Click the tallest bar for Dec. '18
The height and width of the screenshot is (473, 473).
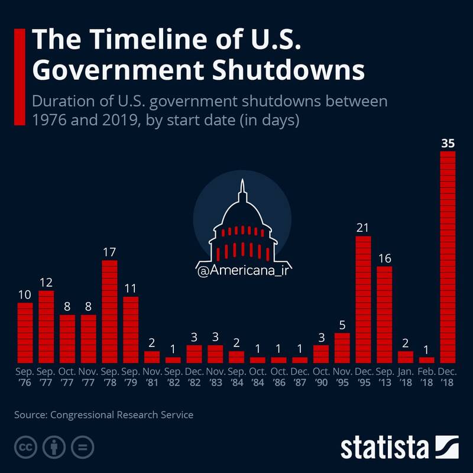click(x=448, y=257)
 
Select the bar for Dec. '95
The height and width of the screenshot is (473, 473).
click(x=363, y=299)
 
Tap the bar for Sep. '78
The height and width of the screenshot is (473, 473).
click(x=109, y=312)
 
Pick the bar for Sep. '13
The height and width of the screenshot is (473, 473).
click(x=384, y=315)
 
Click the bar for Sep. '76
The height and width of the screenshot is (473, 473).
click(x=25, y=332)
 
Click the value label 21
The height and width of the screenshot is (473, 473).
click(x=363, y=227)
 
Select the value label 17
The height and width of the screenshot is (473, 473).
click(x=109, y=251)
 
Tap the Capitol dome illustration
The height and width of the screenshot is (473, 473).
click(x=242, y=228)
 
